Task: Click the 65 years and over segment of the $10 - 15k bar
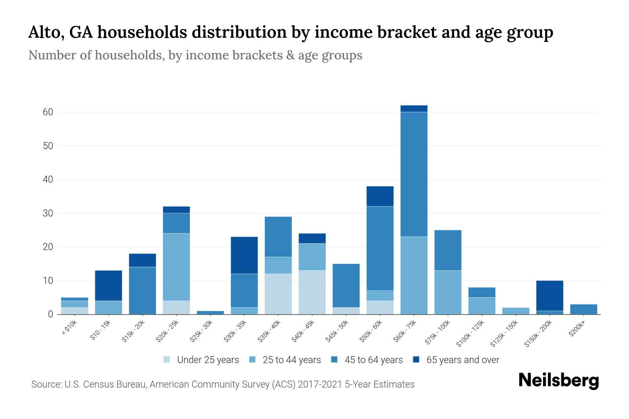(x=108, y=285)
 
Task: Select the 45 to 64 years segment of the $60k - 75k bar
(x=414, y=174)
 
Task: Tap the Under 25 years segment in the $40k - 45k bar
(x=312, y=292)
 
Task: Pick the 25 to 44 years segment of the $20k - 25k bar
(x=176, y=267)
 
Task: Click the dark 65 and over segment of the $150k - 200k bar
(x=549, y=295)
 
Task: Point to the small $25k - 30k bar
(x=210, y=313)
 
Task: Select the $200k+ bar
(x=583, y=309)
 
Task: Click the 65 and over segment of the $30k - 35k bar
(x=244, y=255)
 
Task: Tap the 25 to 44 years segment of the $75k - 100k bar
(x=448, y=292)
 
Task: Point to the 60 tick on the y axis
(x=48, y=112)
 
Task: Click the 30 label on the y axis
(x=48, y=213)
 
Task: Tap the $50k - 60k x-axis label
(x=371, y=331)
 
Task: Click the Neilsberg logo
(x=558, y=381)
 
